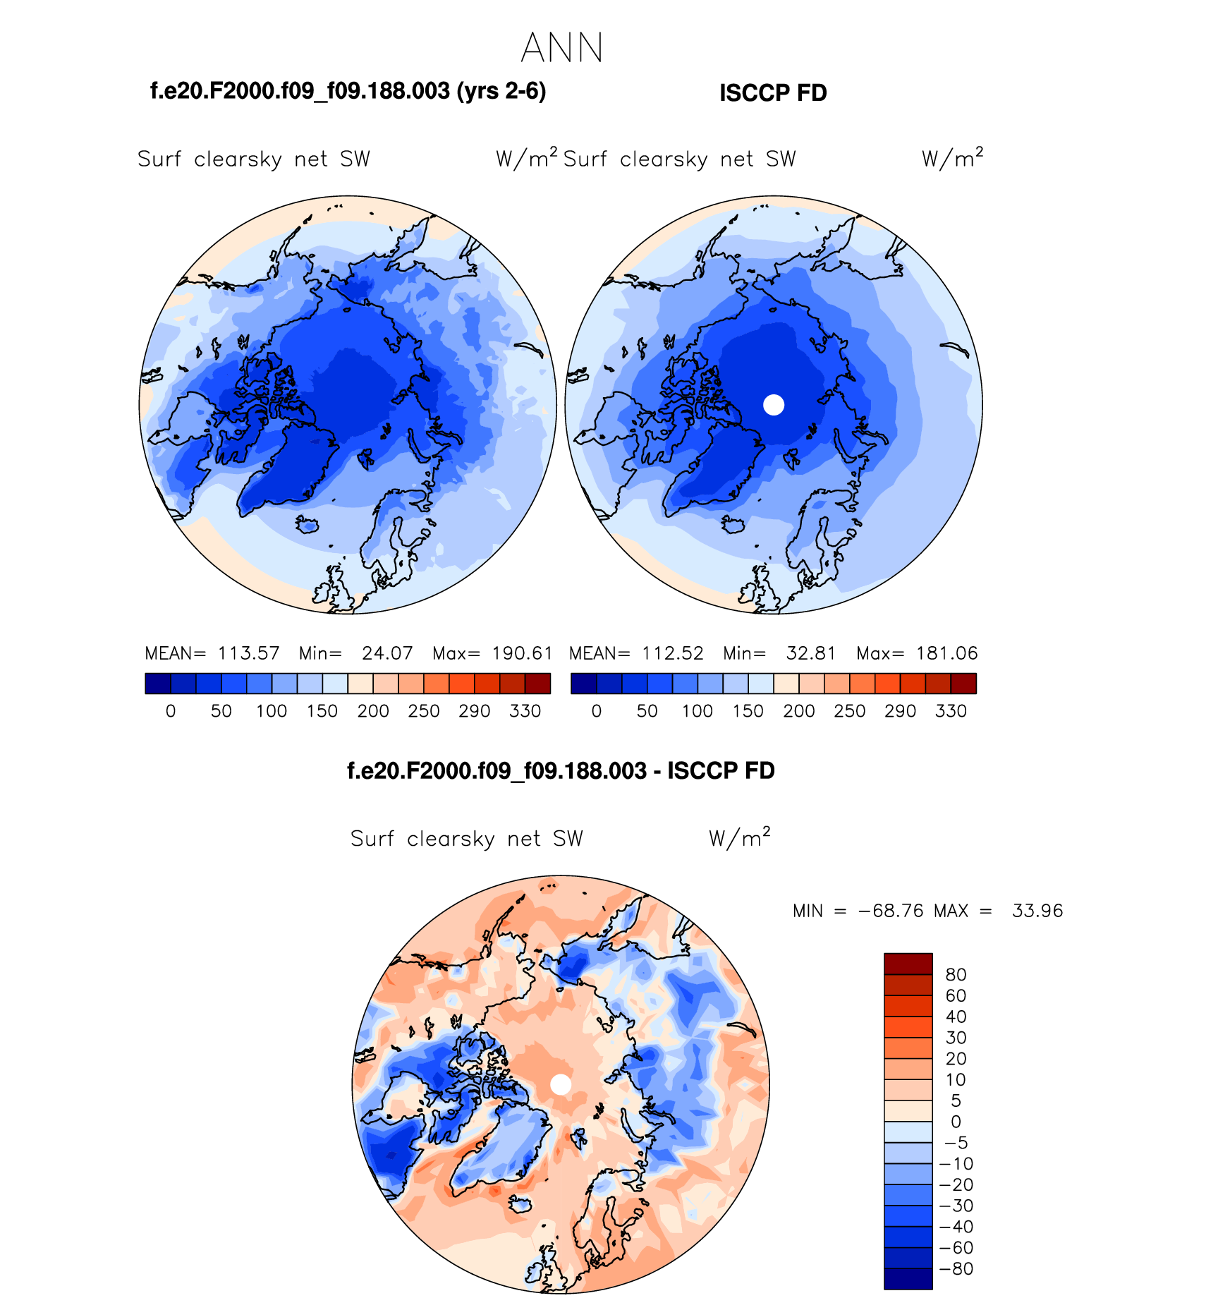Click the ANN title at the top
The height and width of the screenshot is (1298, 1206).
[x=562, y=49]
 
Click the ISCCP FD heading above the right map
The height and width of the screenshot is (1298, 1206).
[x=773, y=93]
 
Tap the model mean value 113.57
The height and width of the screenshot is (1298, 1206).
[x=248, y=653]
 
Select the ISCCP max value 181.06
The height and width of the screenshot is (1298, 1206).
[x=946, y=653]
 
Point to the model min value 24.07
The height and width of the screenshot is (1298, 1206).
[x=387, y=653]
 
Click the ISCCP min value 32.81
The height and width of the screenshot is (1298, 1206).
[x=811, y=653]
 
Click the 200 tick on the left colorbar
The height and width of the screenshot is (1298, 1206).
[x=373, y=711]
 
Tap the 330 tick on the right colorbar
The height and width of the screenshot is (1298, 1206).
[x=951, y=711]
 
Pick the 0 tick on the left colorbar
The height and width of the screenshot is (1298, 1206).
[x=171, y=711]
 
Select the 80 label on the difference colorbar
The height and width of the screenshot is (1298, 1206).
[x=956, y=975]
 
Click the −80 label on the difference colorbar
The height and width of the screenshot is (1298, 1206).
[x=956, y=1269]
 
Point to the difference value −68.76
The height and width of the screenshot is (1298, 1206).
[x=891, y=911]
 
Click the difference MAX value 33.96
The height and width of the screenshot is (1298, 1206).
[x=1037, y=911]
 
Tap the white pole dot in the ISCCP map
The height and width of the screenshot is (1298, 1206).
[x=774, y=405]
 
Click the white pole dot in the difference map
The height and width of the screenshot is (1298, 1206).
[x=561, y=1085]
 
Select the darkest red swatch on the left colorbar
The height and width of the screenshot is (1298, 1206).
[x=537, y=684]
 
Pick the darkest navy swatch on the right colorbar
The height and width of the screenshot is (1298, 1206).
[x=584, y=684]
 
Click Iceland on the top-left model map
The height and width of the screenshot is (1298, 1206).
[x=307, y=524]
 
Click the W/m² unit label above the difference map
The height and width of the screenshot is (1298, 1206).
[x=739, y=838]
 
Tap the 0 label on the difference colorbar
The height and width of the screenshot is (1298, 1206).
[x=956, y=1122]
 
